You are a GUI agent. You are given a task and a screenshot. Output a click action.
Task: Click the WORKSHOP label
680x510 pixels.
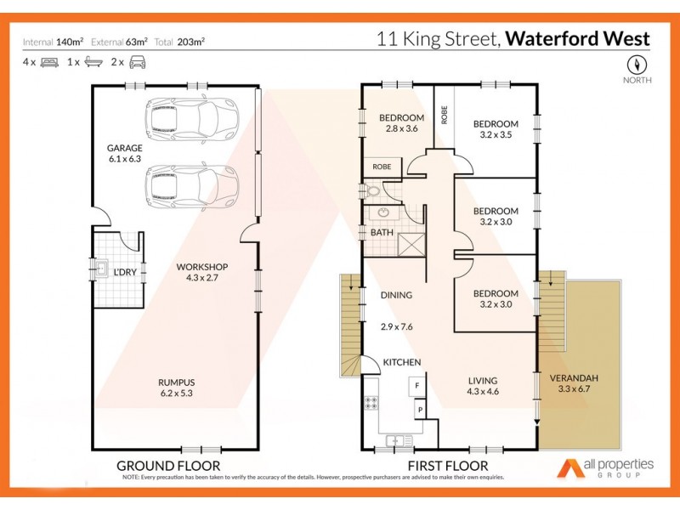[x=201, y=267]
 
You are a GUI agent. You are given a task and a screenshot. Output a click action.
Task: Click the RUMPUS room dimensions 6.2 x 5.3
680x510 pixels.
[x=176, y=394]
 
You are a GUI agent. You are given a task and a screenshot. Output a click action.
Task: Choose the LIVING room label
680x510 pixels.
[x=482, y=380]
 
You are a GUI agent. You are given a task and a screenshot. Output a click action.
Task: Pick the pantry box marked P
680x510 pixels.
[x=418, y=411]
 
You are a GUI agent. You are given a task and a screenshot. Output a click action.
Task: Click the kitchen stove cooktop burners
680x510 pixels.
[x=371, y=403]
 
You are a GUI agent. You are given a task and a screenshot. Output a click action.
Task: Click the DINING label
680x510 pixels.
[x=396, y=295]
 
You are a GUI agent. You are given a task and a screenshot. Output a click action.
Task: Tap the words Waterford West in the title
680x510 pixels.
[x=578, y=39]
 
